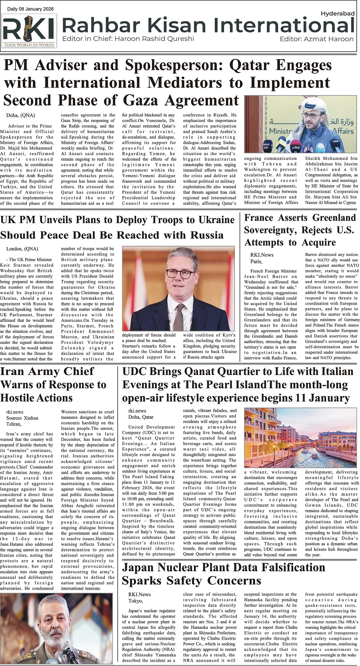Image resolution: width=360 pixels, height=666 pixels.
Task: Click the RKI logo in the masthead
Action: [x=29, y=31]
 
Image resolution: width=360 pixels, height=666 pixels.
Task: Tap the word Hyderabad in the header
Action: [x=337, y=14]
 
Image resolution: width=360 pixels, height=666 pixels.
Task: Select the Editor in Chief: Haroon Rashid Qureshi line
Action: [x=128, y=39]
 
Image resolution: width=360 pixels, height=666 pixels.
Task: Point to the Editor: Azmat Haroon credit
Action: [x=316, y=39]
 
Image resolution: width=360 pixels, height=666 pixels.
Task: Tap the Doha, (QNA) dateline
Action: [x=20, y=116]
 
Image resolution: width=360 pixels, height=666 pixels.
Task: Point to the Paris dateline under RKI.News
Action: [x=256, y=261]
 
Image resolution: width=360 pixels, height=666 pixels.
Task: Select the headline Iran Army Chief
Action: [x=47, y=371]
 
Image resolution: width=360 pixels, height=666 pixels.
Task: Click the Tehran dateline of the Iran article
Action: [x=14, y=424]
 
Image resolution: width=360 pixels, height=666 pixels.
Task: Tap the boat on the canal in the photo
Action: [x=315, y=455]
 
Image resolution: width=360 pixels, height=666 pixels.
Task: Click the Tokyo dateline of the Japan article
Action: [x=136, y=601]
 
